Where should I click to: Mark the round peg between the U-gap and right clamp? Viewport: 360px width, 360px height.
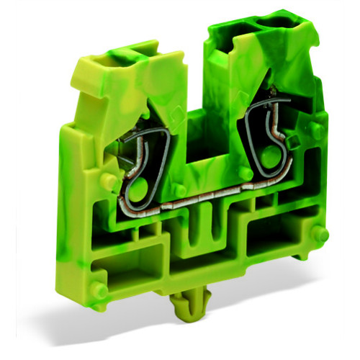coord(246,174)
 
